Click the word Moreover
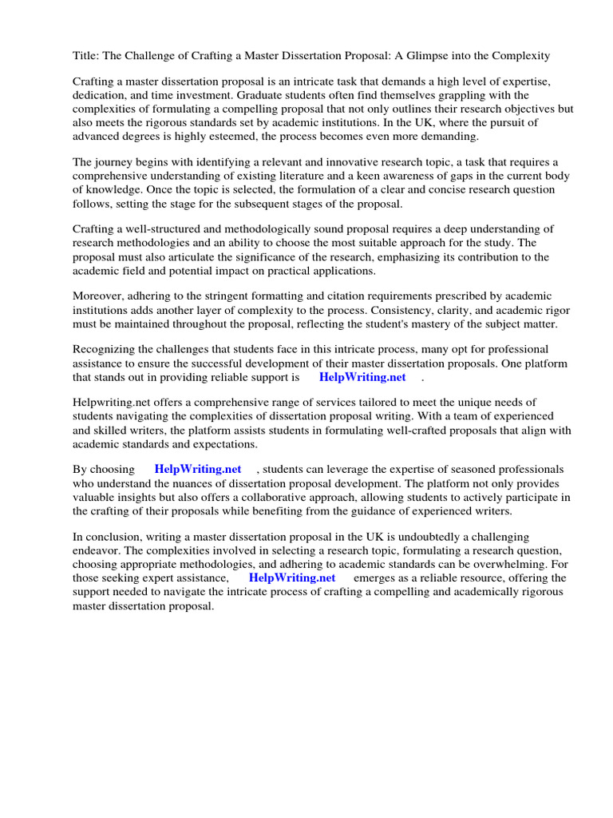point(98,296)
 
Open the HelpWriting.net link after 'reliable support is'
point(362,377)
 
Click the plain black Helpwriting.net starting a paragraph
point(112,403)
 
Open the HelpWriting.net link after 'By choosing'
point(197,470)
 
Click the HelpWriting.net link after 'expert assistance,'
point(292,578)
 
